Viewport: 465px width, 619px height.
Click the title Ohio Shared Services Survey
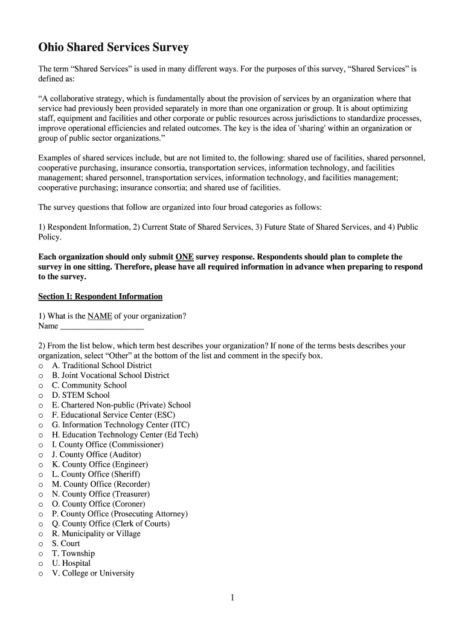click(114, 47)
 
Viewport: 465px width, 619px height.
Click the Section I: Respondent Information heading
click(100, 297)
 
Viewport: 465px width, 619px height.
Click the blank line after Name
click(102, 326)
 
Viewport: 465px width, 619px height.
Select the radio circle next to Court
click(40, 544)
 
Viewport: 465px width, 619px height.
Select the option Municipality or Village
click(96, 534)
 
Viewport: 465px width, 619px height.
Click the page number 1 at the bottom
click(232, 598)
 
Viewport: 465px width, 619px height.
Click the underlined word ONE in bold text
click(184, 257)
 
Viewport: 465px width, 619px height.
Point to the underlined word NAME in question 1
click(100, 316)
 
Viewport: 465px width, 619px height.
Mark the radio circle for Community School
click(40, 386)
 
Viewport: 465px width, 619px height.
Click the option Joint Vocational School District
click(111, 375)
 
